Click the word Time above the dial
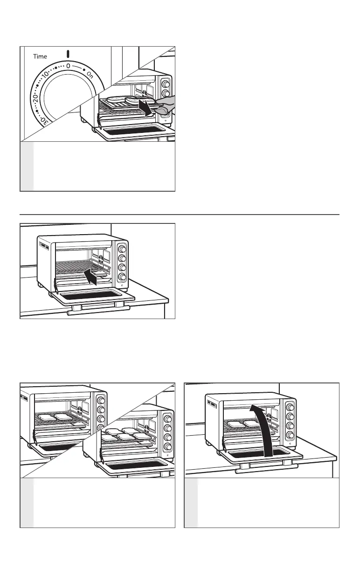pyautogui.click(x=40, y=56)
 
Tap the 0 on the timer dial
pyautogui.click(x=68, y=66)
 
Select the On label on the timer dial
pyautogui.click(x=90, y=76)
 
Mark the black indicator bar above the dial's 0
pyautogui.click(x=68, y=54)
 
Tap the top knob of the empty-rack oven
pyautogui.click(x=122, y=249)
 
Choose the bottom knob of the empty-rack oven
pyautogui.click(x=122, y=277)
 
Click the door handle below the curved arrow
pyautogui.click(x=266, y=468)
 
